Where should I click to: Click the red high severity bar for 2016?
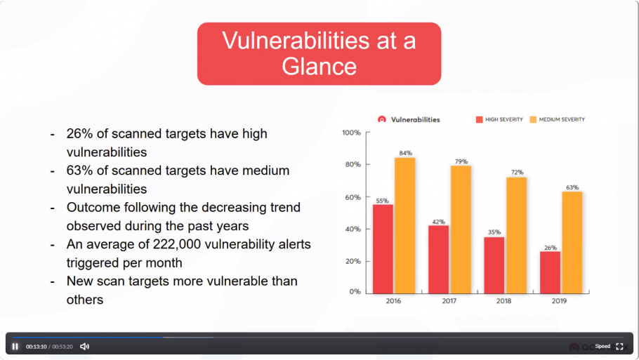(383, 249)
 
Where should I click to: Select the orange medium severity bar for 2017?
(461, 229)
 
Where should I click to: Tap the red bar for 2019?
(550, 272)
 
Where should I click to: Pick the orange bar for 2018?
(516, 235)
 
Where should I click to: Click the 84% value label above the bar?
(405, 153)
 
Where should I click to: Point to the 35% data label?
(494, 232)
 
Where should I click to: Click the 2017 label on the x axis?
(449, 301)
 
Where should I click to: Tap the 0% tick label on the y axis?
(355, 292)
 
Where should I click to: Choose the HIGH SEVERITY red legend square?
(479, 119)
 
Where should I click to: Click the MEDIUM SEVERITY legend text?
(562, 119)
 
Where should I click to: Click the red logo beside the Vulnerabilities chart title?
(381, 119)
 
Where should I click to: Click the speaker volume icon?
(84, 346)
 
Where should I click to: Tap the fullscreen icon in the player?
(619, 346)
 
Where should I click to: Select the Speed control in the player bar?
(602, 346)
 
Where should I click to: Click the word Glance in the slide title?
(319, 67)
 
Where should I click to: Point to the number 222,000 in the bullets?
(177, 244)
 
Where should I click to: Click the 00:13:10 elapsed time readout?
(37, 347)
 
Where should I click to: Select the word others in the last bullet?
(85, 300)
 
